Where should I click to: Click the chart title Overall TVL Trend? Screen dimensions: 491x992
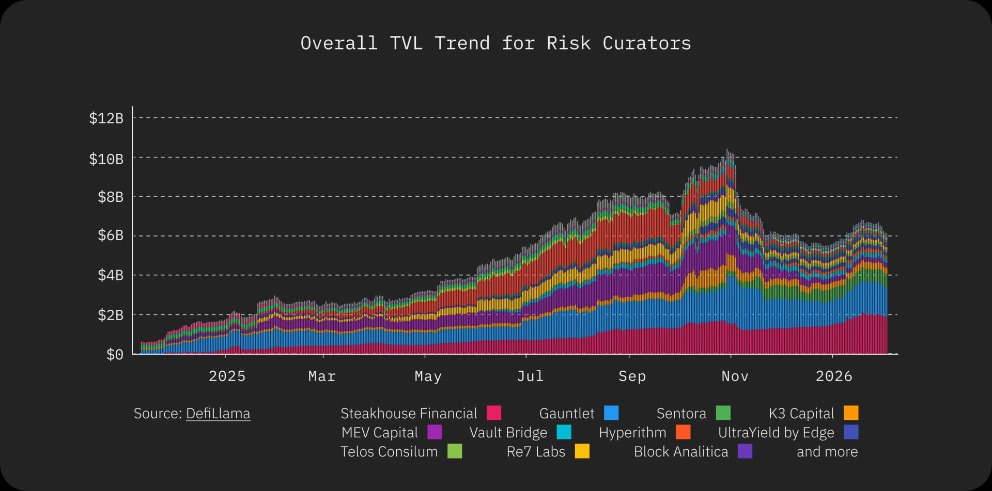495,43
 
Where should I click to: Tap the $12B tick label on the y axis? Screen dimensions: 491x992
106,118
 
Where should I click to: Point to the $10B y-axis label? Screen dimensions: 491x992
106,159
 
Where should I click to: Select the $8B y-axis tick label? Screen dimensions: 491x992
111,197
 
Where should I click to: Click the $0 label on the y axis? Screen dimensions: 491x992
115,355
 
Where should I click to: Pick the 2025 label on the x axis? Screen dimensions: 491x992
227,376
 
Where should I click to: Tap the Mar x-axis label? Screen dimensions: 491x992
322,376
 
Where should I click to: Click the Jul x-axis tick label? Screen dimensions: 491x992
530,376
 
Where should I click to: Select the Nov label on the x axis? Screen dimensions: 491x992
735,376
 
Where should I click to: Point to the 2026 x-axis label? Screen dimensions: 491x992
834,376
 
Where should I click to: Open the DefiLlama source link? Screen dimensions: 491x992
218,414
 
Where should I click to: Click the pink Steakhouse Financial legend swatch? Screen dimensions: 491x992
494,413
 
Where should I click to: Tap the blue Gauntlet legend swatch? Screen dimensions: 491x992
611,413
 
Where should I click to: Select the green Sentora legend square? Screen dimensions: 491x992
723,413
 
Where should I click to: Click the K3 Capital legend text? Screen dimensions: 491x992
801,414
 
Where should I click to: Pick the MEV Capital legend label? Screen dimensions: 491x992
380,433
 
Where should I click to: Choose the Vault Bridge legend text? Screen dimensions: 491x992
508,433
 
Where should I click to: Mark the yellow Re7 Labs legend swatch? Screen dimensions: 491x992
582,451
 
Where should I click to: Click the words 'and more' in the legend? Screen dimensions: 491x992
827,452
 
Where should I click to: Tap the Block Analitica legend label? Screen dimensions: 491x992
681,452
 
